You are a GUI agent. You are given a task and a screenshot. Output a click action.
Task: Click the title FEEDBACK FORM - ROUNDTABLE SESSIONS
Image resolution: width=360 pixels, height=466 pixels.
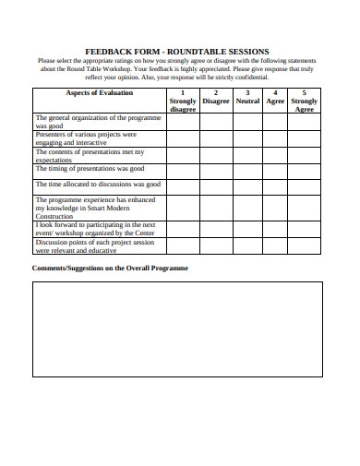tap(176, 52)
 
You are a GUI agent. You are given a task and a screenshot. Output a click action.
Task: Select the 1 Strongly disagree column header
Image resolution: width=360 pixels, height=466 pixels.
tap(183, 101)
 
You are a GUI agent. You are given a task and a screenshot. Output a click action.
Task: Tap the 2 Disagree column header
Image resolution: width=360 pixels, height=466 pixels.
tap(216, 97)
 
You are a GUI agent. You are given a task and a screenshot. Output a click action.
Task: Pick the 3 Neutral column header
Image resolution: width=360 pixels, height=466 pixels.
tap(247, 97)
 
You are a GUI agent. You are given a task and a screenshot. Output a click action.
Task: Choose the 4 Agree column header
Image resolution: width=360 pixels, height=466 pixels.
tap(275, 97)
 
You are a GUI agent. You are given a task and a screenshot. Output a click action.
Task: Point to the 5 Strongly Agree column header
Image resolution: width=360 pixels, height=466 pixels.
tap(305, 101)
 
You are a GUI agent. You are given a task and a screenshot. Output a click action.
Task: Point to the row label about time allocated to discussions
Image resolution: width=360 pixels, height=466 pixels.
tap(97, 185)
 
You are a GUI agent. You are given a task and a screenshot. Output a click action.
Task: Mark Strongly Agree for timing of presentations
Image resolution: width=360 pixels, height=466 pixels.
tap(305, 170)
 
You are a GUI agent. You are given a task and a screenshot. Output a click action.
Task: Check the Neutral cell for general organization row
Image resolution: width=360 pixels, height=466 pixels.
tap(247, 121)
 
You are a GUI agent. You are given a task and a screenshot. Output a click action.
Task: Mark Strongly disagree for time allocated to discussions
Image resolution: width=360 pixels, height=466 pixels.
tap(183, 185)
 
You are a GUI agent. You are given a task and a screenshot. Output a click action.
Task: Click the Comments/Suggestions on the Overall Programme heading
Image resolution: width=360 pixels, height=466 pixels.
tap(110, 268)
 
